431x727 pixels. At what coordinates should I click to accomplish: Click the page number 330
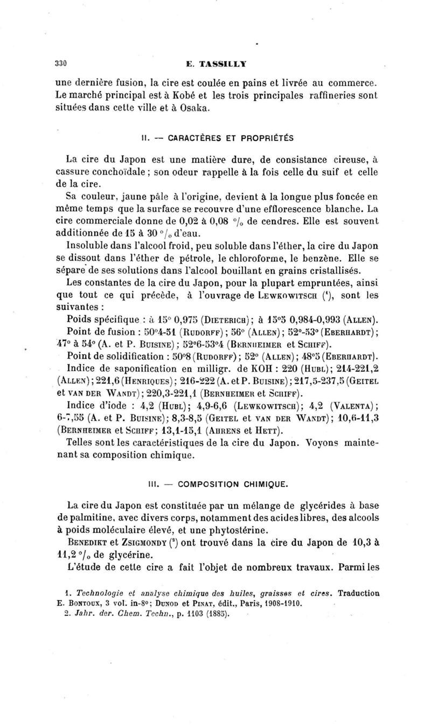(x=60, y=63)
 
